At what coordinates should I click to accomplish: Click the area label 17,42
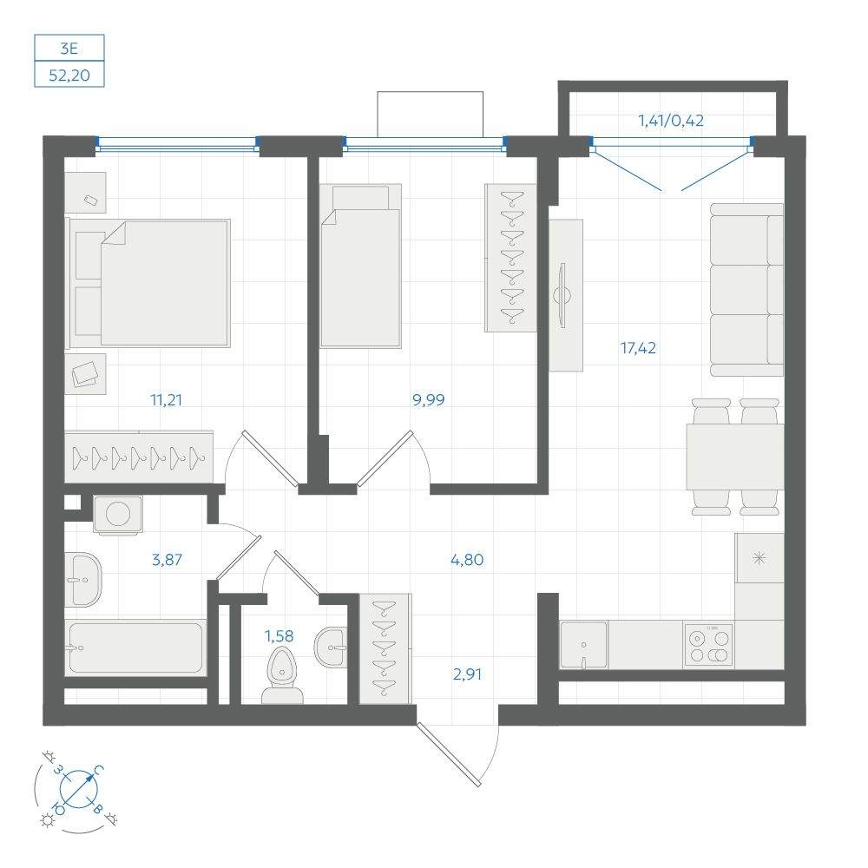(x=638, y=349)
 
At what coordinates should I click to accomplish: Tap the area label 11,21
(x=165, y=400)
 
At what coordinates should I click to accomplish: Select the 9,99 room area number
(x=429, y=400)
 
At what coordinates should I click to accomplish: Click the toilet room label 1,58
(x=279, y=636)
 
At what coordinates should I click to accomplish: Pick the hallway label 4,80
(x=466, y=560)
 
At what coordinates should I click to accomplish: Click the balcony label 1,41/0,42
(x=670, y=121)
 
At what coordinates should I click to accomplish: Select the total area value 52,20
(x=69, y=76)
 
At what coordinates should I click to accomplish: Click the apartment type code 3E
(x=69, y=48)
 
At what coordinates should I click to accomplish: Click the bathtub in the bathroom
(x=135, y=648)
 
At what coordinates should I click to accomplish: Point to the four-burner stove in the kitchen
(x=708, y=645)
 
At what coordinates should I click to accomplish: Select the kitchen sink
(x=583, y=645)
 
